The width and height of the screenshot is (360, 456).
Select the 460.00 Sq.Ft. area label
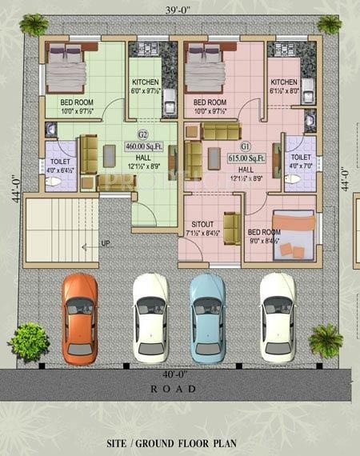[143, 146]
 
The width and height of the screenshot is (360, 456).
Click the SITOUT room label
[202, 225]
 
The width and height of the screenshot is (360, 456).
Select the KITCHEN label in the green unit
[145, 82]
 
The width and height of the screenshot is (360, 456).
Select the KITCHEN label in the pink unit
[283, 82]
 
